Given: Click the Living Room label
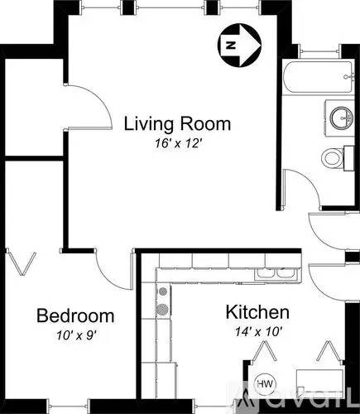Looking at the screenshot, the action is [x=177, y=124].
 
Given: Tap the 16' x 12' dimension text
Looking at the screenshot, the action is [x=179, y=143].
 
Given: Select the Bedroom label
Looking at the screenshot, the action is [x=75, y=315].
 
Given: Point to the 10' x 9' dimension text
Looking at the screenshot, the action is [x=76, y=335].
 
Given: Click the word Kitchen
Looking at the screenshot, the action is [x=257, y=312].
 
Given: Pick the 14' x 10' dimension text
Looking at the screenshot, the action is [x=258, y=331].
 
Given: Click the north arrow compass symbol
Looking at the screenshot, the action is [x=239, y=45].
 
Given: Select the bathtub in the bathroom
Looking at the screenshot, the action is [x=319, y=77].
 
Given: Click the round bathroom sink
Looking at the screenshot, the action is [x=342, y=118].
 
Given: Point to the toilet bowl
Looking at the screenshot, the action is [x=333, y=158].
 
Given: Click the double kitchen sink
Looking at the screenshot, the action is [x=276, y=274].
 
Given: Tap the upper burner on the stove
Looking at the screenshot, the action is [x=163, y=291].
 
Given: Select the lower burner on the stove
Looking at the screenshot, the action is [x=162, y=309].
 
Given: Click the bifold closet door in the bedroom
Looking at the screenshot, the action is [x=22, y=262].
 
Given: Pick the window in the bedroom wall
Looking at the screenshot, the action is [x=69, y=406].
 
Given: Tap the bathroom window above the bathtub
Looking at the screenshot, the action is [x=319, y=51].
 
